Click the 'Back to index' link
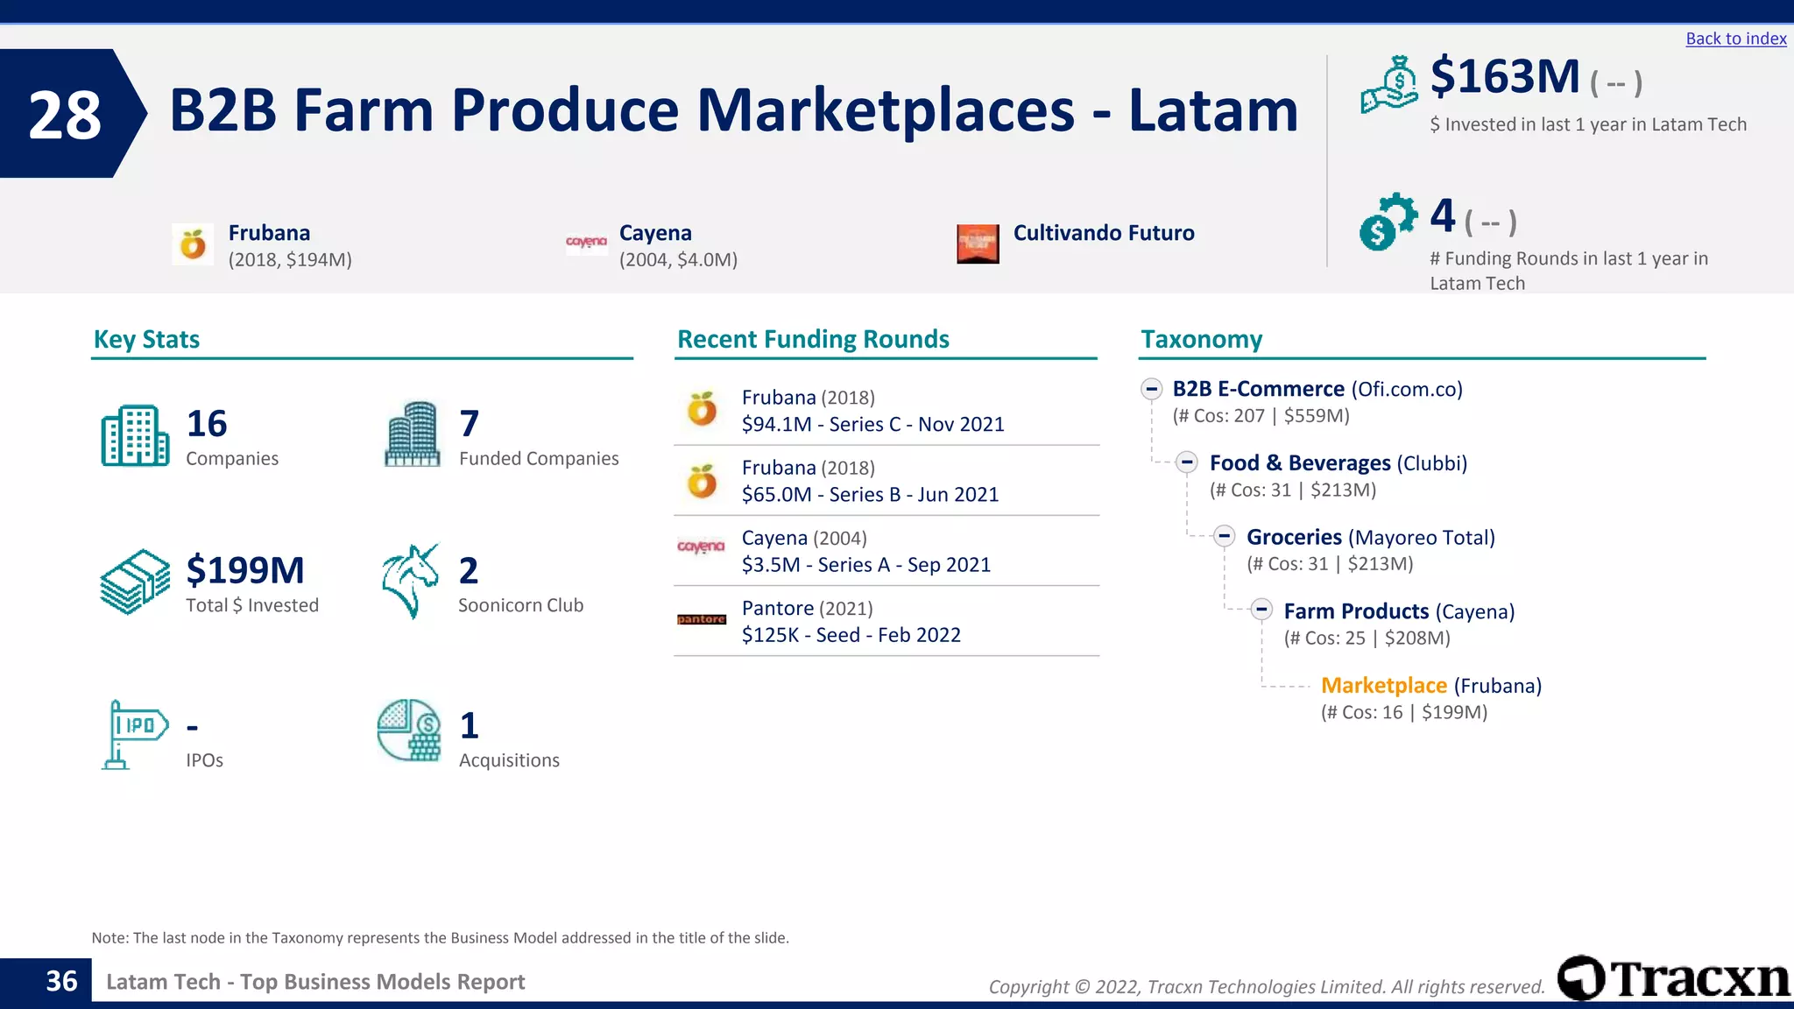point(1735,39)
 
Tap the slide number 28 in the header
point(65,115)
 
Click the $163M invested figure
point(1504,76)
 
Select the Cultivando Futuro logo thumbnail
point(978,243)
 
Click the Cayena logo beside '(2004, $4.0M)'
point(586,242)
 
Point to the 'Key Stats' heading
point(146,339)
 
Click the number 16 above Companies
point(207,424)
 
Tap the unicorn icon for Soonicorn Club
point(410,581)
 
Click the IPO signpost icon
point(132,734)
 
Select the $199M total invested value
point(245,571)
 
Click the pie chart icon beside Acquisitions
point(409,730)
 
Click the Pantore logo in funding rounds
point(702,619)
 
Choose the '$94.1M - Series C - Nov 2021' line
point(872,425)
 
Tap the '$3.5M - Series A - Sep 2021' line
point(865,565)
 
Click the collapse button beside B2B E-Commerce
point(1151,389)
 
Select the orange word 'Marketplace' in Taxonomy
point(1383,686)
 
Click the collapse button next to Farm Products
point(1261,610)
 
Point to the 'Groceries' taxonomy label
point(1294,537)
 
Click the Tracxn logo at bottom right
point(1673,978)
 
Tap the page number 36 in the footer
point(61,982)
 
